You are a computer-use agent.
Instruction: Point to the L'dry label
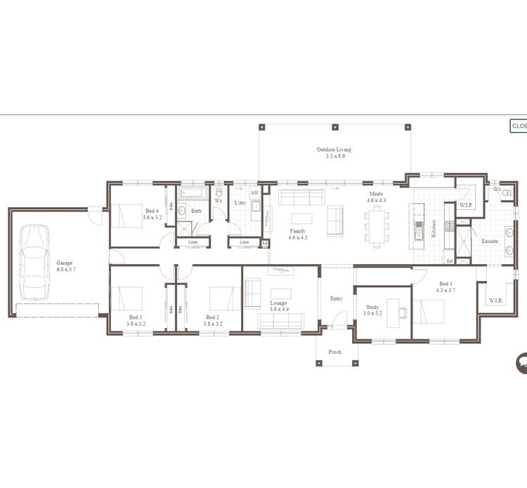(x=240, y=203)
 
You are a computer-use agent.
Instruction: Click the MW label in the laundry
(x=254, y=192)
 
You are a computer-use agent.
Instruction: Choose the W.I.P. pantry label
(x=465, y=206)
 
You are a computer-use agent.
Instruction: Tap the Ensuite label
(x=490, y=242)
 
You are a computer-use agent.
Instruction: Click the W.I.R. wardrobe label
(x=495, y=300)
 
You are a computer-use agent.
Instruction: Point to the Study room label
(x=372, y=307)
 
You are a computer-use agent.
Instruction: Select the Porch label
(x=335, y=352)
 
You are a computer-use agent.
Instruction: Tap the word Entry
(x=336, y=298)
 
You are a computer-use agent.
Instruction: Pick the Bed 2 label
(x=214, y=320)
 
